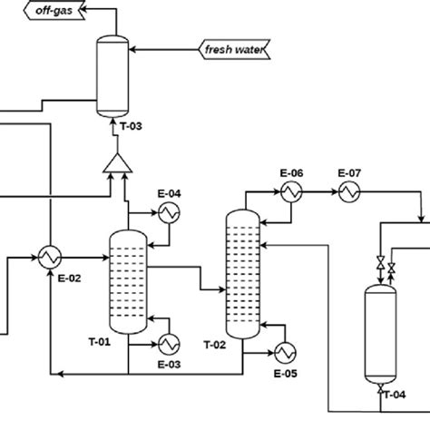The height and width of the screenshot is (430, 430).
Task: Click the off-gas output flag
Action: pos(54,10)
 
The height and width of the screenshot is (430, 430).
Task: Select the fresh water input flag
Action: pos(234,49)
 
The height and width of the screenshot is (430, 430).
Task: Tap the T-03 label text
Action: pos(131,126)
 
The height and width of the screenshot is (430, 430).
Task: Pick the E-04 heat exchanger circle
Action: pos(169,213)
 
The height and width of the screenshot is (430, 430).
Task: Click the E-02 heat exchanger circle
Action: pos(50,258)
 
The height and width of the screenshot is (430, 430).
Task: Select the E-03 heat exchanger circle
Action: pos(169,344)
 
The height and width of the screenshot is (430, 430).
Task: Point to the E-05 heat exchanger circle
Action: pos(285,353)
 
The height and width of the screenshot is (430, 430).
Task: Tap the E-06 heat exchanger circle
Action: pos(291,191)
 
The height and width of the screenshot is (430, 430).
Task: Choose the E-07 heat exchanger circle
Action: pos(349,191)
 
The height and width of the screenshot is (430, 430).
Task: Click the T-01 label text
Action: pos(100,342)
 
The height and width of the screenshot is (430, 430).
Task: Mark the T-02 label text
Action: pos(215,345)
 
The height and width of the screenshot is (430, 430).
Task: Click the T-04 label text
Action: pos(395,395)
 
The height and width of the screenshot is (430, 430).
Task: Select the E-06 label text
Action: pos(291,173)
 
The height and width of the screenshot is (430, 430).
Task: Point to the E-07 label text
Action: pos(349,173)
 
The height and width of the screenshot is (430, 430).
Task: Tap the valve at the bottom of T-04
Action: pos(380,388)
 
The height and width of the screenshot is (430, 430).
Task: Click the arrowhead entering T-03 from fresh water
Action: pos(132,49)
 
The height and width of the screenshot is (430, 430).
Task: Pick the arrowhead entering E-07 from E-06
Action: pos(335,191)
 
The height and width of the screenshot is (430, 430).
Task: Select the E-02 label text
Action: pos(69,279)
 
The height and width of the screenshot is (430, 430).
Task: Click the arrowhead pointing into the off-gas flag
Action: pos(83,9)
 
